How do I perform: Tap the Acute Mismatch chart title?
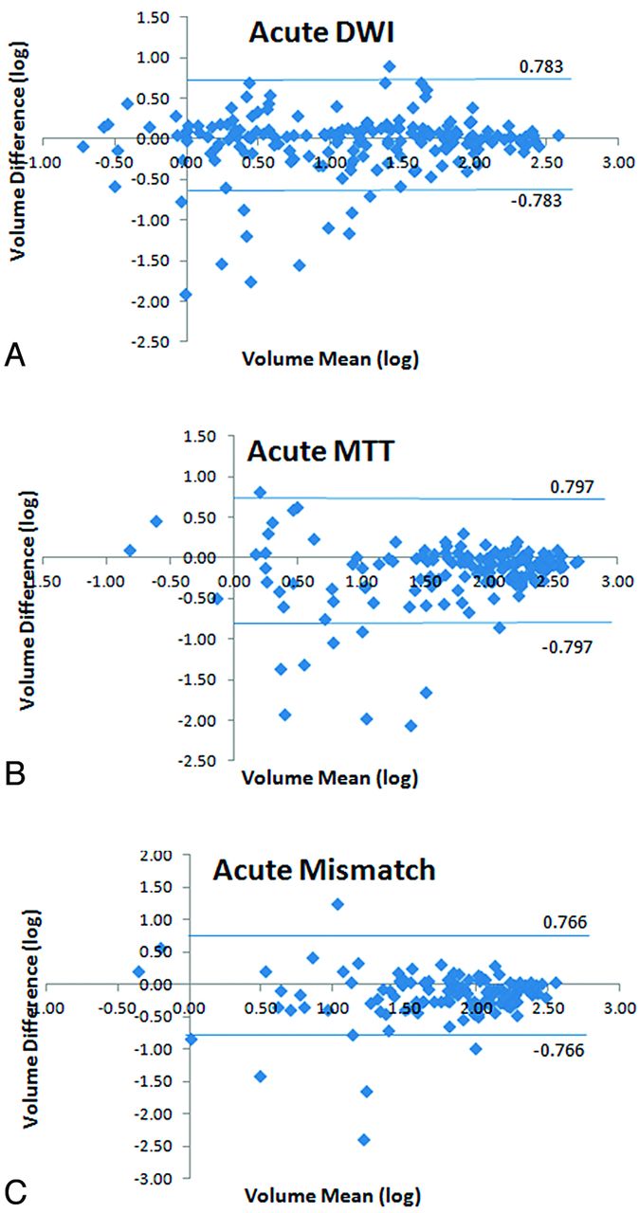point(323,870)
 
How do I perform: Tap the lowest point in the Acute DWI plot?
point(186,295)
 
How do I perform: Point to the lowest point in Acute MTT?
point(411,726)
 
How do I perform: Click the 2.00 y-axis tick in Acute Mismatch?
point(155,855)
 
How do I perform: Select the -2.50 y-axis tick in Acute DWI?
point(154,341)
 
